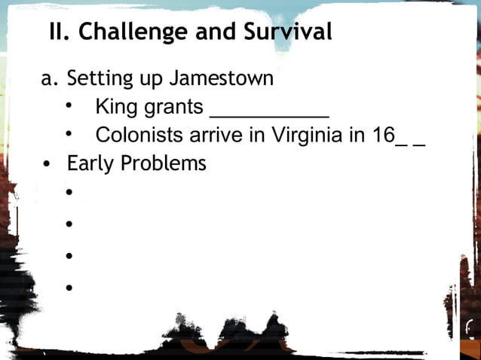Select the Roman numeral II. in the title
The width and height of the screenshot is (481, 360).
pyautogui.click(x=60, y=32)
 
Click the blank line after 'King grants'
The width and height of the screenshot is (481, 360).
pyautogui.click(x=268, y=110)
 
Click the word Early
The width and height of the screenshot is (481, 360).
pyautogui.click(x=92, y=163)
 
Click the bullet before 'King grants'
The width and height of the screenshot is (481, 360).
pyautogui.click(x=69, y=106)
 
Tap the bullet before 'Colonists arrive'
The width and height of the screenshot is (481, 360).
pyautogui.click(x=69, y=135)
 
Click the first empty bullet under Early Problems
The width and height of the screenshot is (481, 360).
pyautogui.click(x=69, y=193)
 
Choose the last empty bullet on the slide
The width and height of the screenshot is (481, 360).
pyautogui.click(x=69, y=288)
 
